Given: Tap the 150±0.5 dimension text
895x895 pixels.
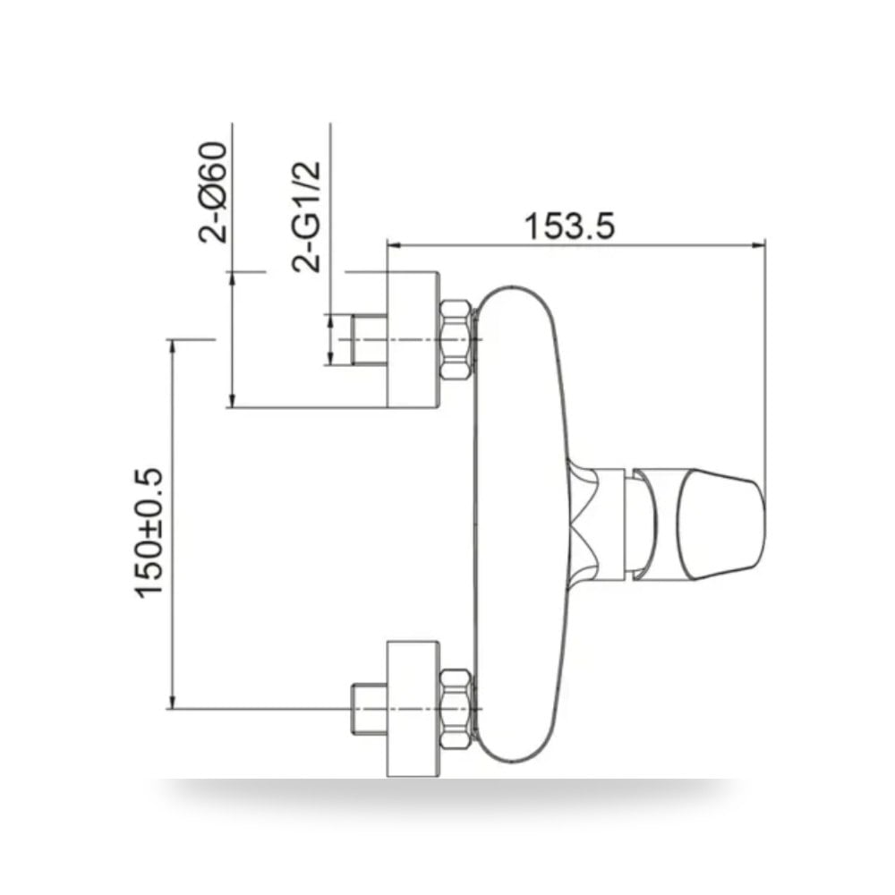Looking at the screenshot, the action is point(149,533).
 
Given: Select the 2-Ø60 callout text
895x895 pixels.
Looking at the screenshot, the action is point(213,192).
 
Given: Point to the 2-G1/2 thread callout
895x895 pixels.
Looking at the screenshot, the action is point(306,216).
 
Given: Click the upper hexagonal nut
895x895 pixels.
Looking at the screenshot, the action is point(456,339).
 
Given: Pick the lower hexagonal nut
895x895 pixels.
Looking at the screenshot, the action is point(456,708).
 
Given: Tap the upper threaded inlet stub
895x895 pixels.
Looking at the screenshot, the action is point(370,339).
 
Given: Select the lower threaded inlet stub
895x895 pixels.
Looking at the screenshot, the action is point(370,708).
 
